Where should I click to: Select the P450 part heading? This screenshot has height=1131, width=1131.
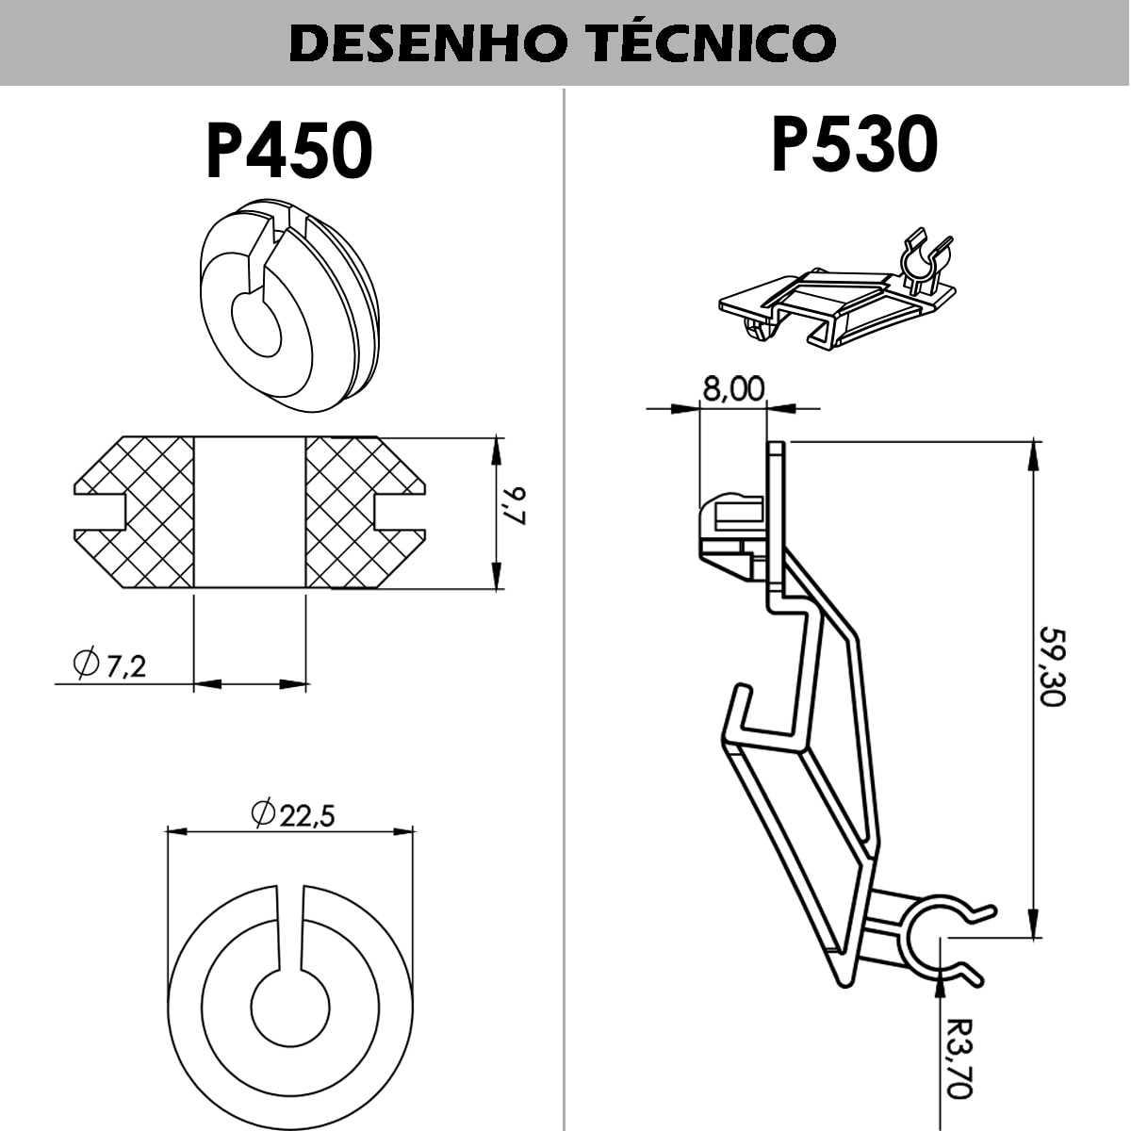click(x=289, y=151)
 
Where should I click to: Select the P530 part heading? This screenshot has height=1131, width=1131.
click(x=854, y=144)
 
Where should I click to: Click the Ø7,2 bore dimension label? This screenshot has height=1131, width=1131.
click(x=109, y=664)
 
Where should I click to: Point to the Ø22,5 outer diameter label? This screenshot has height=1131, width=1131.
click(x=293, y=813)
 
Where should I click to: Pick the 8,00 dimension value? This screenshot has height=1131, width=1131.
click(x=733, y=388)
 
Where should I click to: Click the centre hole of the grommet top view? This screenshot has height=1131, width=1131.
click(x=290, y=1008)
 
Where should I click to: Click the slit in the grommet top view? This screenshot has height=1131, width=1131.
click(x=290, y=930)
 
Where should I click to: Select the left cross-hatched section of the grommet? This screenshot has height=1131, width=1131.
click(x=135, y=512)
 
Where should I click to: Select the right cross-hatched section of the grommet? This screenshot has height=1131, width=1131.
click(x=366, y=512)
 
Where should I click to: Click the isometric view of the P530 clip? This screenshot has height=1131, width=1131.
click(x=836, y=291)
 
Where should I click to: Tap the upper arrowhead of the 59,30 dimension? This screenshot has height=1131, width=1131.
click(x=1035, y=455)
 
